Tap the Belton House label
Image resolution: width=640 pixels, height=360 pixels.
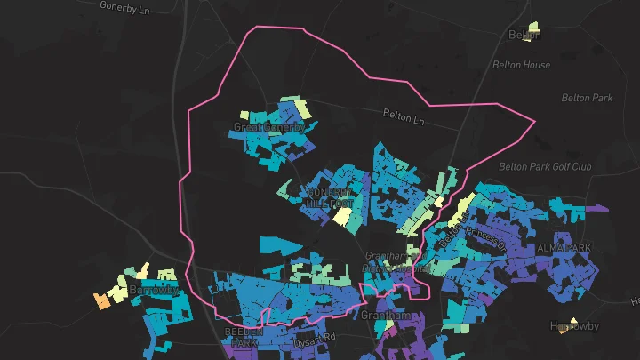(x=521, y=65)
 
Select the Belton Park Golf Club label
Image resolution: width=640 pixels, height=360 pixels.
(x=545, y=166)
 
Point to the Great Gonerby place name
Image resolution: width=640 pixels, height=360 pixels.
(x=268, y=127)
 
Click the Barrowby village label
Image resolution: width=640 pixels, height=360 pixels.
(x=154, y=290)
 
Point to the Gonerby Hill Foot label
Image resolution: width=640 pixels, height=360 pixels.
(x=329, y=197)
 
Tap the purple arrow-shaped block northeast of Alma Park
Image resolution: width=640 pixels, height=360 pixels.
(x=596, y=209)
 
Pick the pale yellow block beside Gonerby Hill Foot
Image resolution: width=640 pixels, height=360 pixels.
(x=342, y=215)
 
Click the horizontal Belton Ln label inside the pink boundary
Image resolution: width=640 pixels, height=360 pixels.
(x=405, y=115)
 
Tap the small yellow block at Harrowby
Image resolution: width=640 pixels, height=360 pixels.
(x=574, y=320)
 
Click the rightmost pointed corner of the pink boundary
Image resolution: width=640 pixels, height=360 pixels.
(x=535, y=121)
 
